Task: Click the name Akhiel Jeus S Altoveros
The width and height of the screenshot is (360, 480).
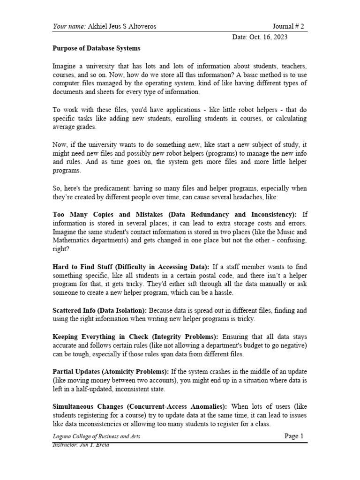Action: [122, 26]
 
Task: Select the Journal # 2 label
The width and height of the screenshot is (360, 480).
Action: [288, 26]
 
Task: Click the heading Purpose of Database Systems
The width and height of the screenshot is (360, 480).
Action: [96, 48]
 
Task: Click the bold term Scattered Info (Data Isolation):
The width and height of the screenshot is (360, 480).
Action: [100, 310]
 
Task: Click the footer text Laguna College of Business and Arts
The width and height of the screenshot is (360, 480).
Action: [96, 436]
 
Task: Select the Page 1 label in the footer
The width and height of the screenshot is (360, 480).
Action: [294, 436]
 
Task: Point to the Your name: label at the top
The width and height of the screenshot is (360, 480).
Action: [68, 26]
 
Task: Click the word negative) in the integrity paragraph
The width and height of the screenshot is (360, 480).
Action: [292, 345]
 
